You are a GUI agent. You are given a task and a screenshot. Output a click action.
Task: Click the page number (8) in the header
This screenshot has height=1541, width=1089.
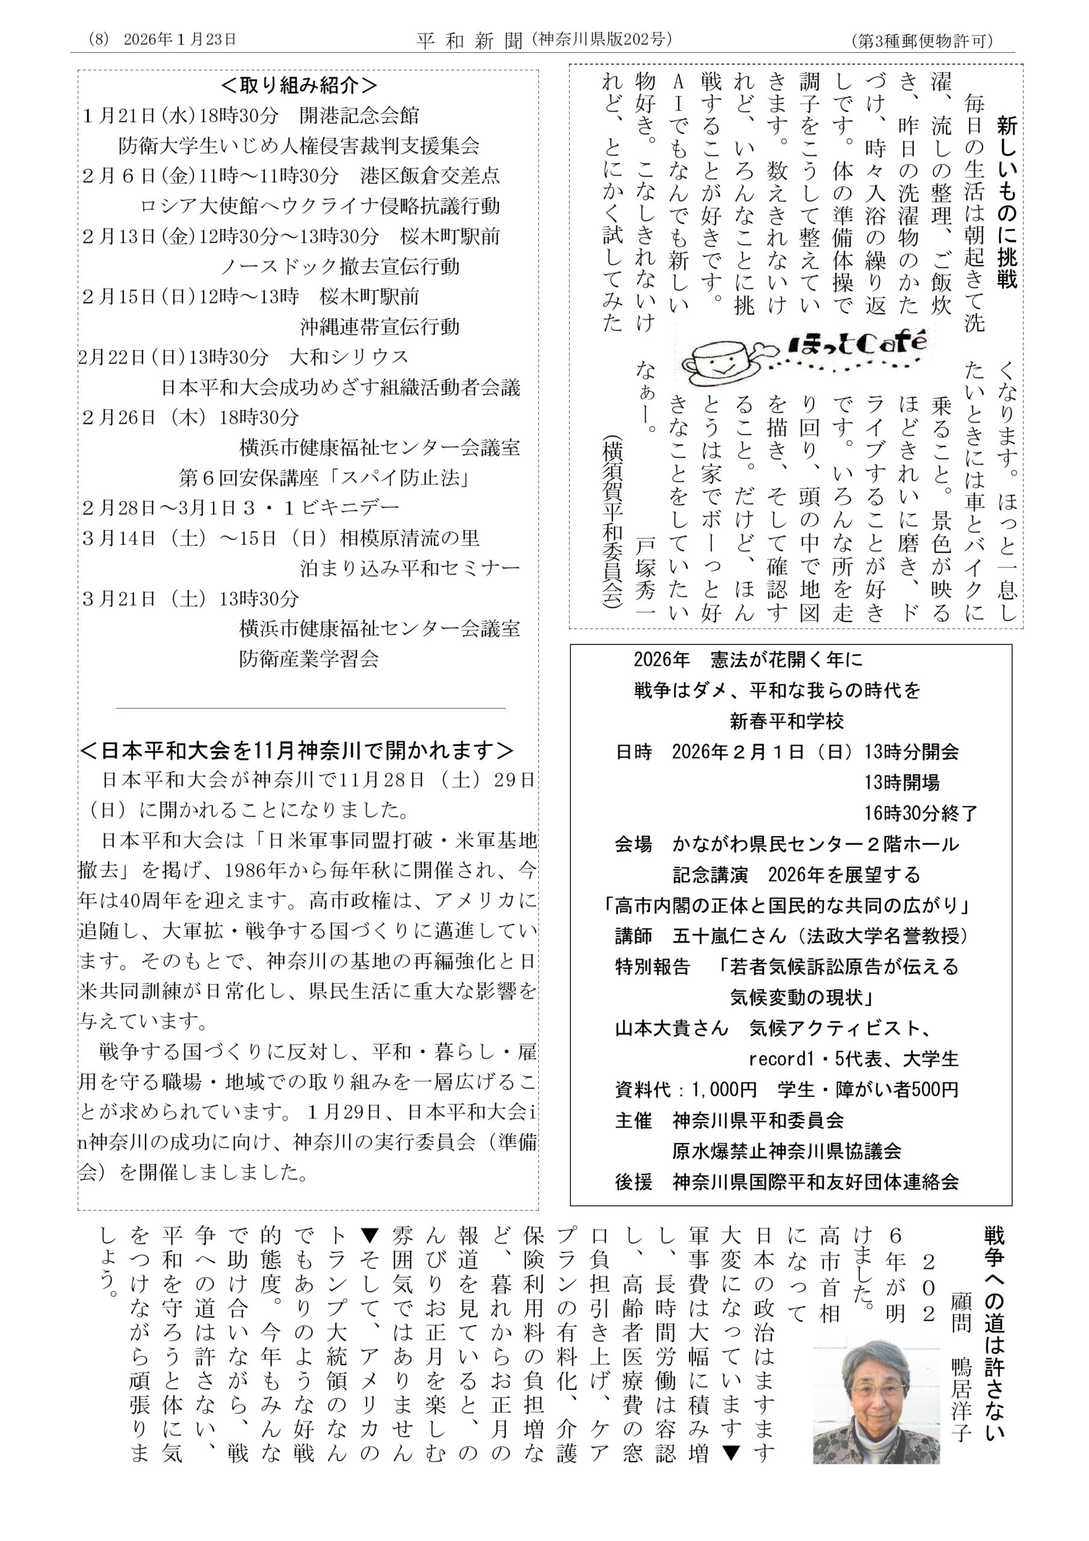(98, 40)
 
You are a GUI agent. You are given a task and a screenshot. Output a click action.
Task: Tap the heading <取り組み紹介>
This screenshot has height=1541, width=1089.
(299, 86)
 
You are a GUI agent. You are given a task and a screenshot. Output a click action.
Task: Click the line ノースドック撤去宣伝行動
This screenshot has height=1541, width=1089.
(340, 267)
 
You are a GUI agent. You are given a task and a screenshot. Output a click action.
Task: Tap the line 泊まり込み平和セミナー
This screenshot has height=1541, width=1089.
(409, 568)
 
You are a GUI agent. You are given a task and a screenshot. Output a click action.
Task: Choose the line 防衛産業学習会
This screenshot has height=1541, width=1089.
(309, 659)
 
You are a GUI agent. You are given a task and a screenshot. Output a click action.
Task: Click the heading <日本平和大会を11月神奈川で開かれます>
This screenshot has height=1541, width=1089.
(297, 751)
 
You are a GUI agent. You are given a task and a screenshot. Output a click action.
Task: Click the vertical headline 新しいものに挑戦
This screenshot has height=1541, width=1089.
(1007, 201)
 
